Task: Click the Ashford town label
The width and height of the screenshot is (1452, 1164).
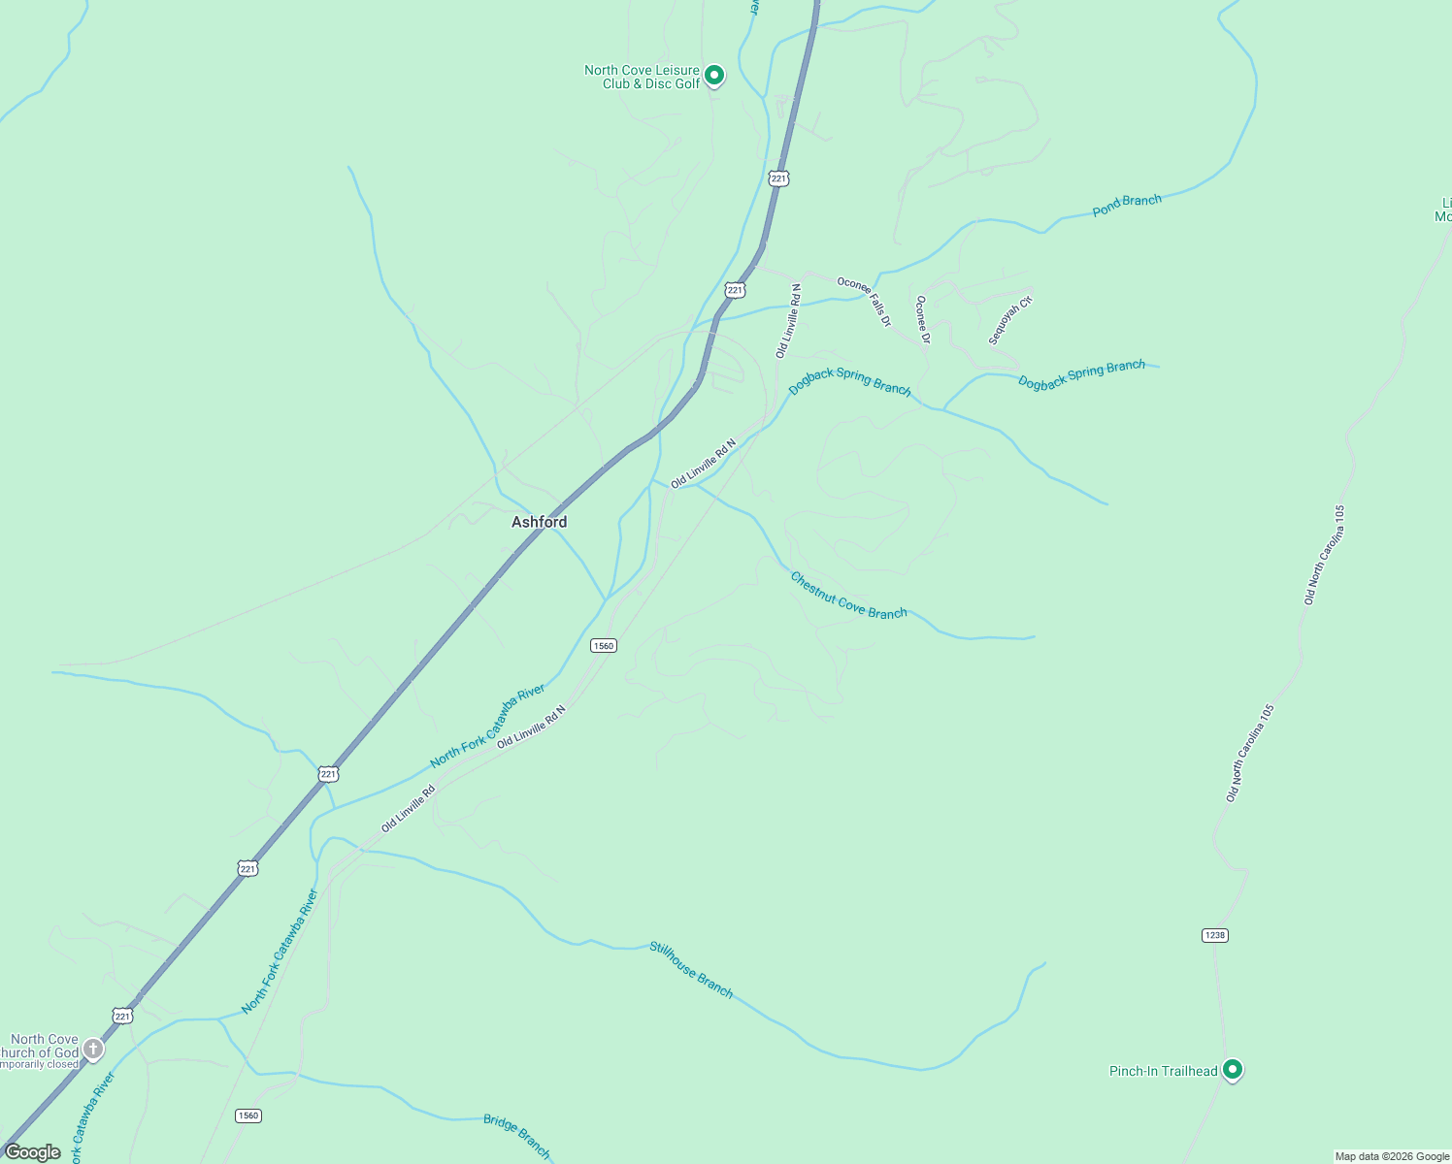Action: [539, 522]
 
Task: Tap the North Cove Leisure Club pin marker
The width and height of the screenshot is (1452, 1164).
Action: [714, 75]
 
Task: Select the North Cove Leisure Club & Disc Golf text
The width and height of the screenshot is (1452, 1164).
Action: [643, 77]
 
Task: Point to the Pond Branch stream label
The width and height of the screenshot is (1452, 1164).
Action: [1127, 205]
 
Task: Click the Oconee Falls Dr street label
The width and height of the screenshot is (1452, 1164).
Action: [864, 301]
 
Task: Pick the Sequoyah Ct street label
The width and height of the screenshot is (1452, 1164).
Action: [1010, 321]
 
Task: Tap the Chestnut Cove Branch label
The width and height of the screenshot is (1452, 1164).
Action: [848, 595]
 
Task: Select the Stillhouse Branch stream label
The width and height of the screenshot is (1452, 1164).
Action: [691, 969]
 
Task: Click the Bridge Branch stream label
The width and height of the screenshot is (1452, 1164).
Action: [517, 1136]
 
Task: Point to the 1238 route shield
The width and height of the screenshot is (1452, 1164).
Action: [1214, 935]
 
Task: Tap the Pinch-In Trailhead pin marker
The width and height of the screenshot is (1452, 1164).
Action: [1233, 1069]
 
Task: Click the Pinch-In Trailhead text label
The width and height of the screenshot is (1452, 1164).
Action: [1163, 1071]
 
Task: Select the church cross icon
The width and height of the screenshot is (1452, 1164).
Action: [93, 1048]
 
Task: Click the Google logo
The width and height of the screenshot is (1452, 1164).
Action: [32, 1152]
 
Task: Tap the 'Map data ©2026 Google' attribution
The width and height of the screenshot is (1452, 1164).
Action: [1392, 1156]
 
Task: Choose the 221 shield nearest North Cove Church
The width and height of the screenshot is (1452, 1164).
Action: [122, 1016]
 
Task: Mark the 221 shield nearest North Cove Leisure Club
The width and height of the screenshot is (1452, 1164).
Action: [778, 178]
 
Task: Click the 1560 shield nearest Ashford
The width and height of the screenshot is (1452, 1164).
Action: [604, 645]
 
